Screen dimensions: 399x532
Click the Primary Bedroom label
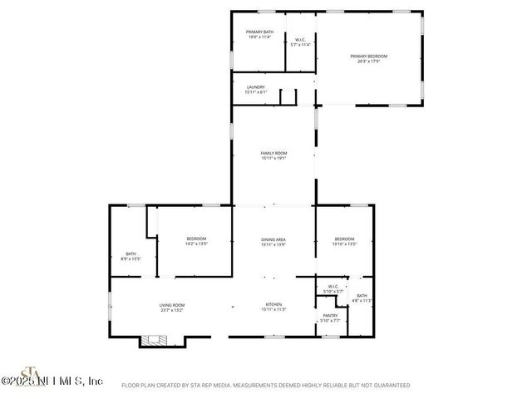pos(368,56)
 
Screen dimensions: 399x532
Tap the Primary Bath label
pos(259,32)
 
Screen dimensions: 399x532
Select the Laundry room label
pos(255,86)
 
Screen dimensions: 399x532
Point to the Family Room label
pos(273,153)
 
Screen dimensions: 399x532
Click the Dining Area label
pos(273,239)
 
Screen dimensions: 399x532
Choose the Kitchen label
pos(273,304)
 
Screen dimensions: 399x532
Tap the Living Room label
pos(172,304)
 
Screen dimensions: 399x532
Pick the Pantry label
pos(330,315)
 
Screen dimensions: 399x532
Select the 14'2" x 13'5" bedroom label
pos(196,239)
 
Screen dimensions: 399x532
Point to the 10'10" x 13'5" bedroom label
pos(344,239)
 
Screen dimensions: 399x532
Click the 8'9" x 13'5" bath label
pos(131,254)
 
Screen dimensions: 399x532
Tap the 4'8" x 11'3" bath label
pos(362,295)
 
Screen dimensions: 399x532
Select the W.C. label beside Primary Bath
pos(299,40)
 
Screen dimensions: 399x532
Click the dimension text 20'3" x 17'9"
pos(368,61)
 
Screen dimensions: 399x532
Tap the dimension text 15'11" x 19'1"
pos(273,158)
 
